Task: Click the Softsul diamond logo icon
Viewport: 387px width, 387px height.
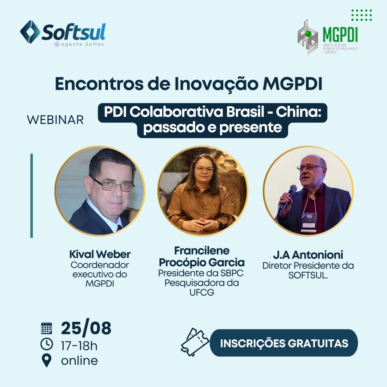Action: tap(30, 32)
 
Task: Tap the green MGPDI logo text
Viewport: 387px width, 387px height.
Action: tap(340, 34)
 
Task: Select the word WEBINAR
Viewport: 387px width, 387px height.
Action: tap(55, 120)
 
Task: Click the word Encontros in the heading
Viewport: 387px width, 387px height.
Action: tap(99, 83)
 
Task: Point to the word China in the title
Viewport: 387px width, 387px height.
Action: tap(298, 112)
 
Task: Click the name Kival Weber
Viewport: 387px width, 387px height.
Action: tap(100, 254)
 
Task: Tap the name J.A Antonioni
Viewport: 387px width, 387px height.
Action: tap(308, 255)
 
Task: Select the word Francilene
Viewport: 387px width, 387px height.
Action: tap(202, 251)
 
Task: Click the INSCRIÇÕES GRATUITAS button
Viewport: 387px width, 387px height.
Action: tap(284, 343)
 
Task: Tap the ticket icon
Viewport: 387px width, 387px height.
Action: tap(195, 342)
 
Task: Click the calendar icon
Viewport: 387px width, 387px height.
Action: tap(46, 328)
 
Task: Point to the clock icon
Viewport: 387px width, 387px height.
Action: tap(47, 344)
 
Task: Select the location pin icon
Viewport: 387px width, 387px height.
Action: tap(46, 360)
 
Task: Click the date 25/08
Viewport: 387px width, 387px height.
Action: tap(86, 328)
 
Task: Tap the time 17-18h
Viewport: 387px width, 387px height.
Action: tap(79, 346)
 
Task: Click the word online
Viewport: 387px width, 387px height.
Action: tap(80, 361)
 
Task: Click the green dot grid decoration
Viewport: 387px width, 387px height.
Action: tap(362, 15)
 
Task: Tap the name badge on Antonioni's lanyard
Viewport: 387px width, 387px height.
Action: tap(309, 223)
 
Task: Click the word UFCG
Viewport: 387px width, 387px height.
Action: tap(202, 292)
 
